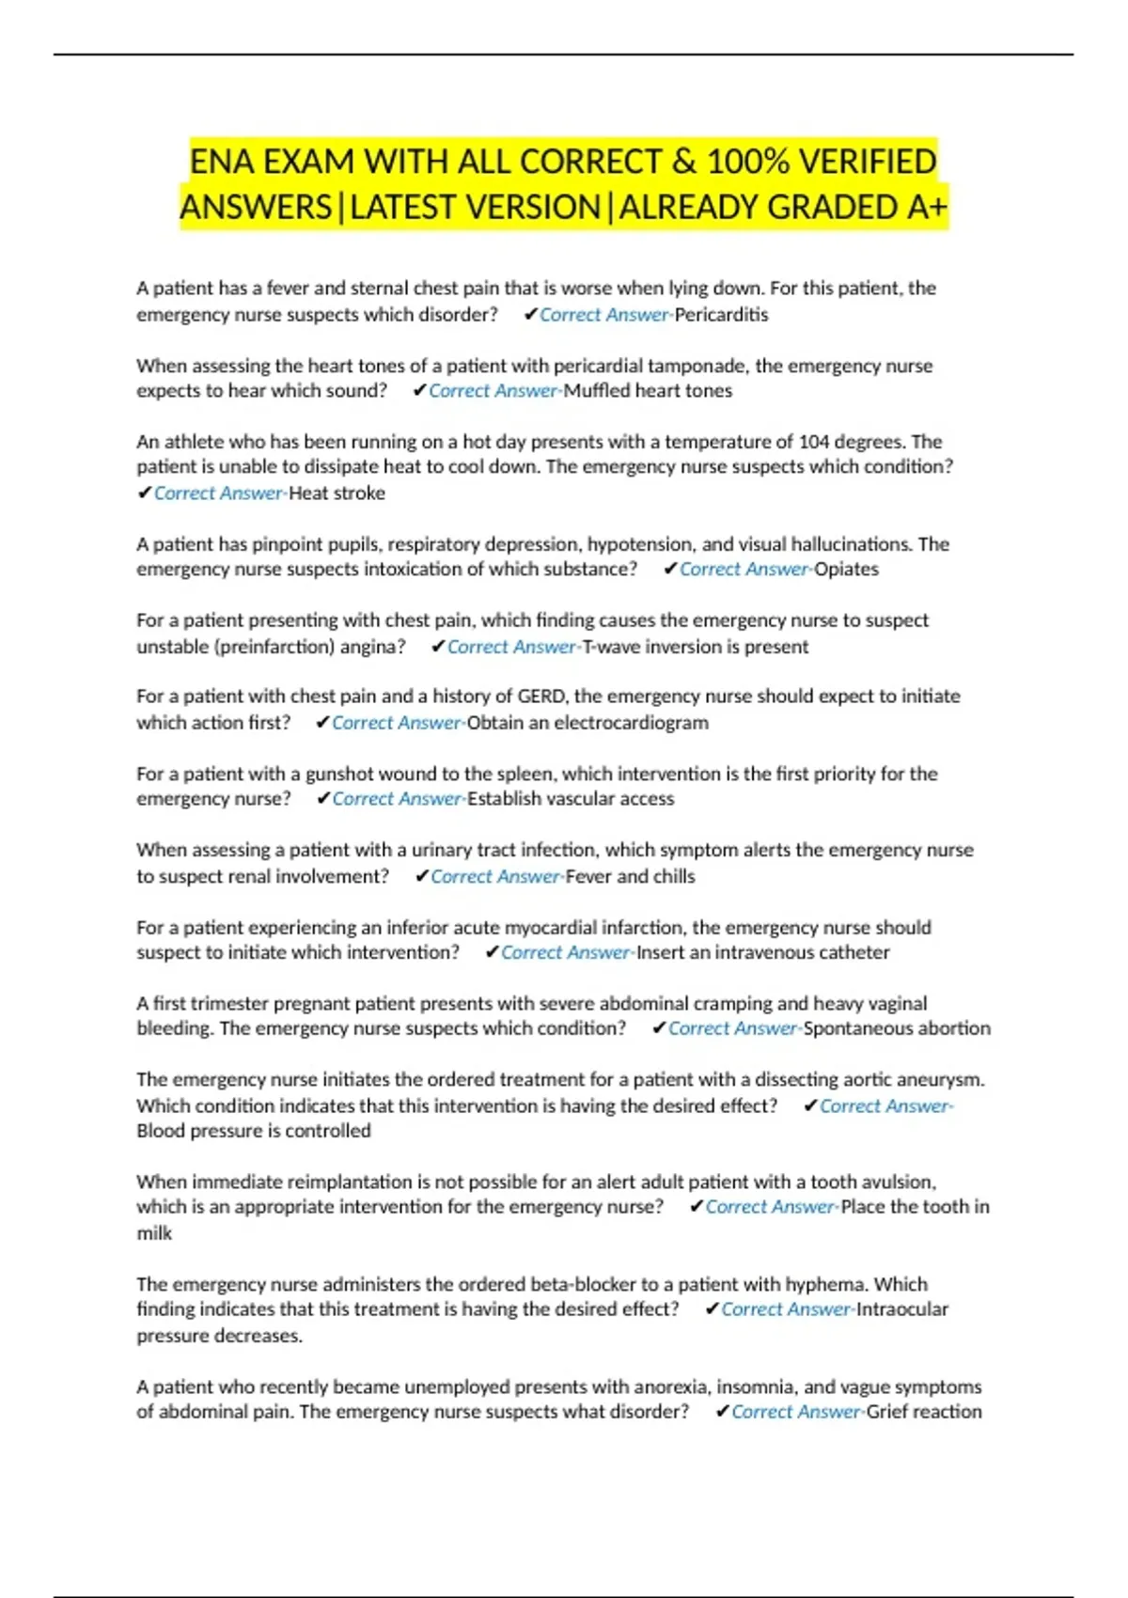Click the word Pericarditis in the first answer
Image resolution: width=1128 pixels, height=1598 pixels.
coord(721,315)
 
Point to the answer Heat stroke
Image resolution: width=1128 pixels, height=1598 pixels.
coord(337,493)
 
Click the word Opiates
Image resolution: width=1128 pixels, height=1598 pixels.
coord(846,570)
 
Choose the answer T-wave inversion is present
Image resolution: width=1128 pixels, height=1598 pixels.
coord(695,647)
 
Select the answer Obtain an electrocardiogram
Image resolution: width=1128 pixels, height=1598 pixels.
coord(587,723)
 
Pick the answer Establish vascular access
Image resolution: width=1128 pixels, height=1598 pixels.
coord(571,799)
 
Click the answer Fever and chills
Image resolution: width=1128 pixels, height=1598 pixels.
coord(630,876)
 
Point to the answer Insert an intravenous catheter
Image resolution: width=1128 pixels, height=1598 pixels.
coord(762,952)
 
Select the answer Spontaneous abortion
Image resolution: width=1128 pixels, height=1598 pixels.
coord(897,1028)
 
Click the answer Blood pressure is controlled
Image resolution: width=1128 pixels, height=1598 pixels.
coord(254,1131)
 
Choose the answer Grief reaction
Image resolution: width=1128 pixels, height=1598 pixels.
coord(924,1412)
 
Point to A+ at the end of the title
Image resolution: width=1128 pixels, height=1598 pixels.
coord(927,207)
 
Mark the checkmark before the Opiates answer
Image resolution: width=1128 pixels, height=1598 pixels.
coord(670,570)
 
